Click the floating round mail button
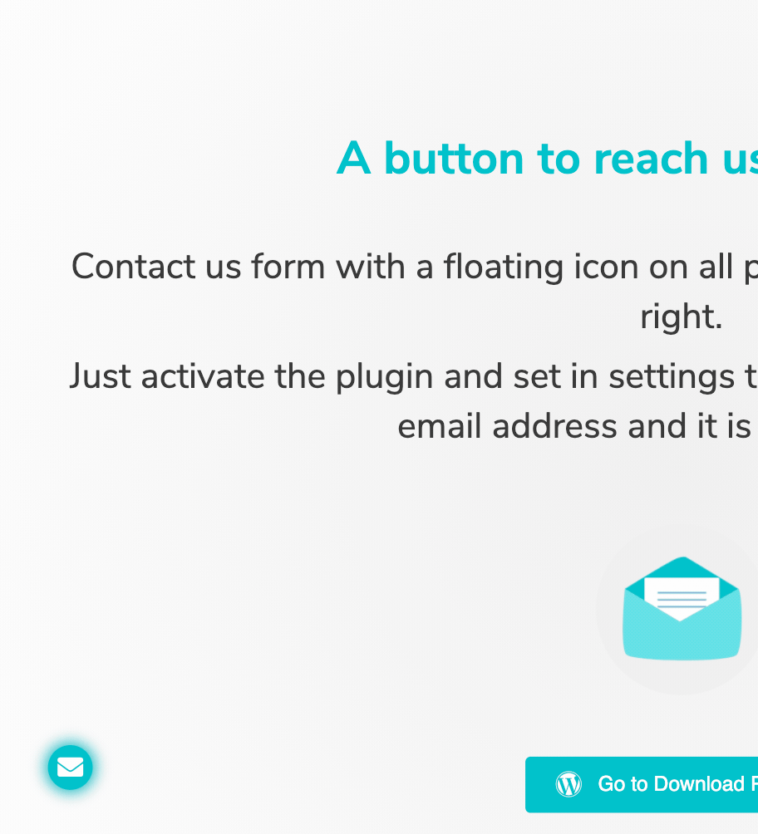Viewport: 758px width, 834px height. tap(71, 767)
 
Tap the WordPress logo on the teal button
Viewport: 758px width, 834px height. tap(568, 784)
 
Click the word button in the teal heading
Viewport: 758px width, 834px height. tap(454, 159)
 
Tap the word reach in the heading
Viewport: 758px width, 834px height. tap(651, 159)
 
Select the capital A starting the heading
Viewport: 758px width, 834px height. tap(353, 158)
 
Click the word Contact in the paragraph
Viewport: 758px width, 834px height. tap(133, 266)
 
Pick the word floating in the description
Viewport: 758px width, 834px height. tap(503, 267)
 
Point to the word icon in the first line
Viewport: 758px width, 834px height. tap(606, 266)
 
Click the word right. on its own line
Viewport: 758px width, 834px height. tap(681, 317)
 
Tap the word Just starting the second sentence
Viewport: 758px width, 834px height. tap(100, 376)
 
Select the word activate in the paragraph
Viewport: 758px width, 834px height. tap(202, 376)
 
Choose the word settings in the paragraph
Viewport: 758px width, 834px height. tap(672, 377)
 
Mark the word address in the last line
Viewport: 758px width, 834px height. tap(554, 426)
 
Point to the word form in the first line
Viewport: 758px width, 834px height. tap(288, 266)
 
